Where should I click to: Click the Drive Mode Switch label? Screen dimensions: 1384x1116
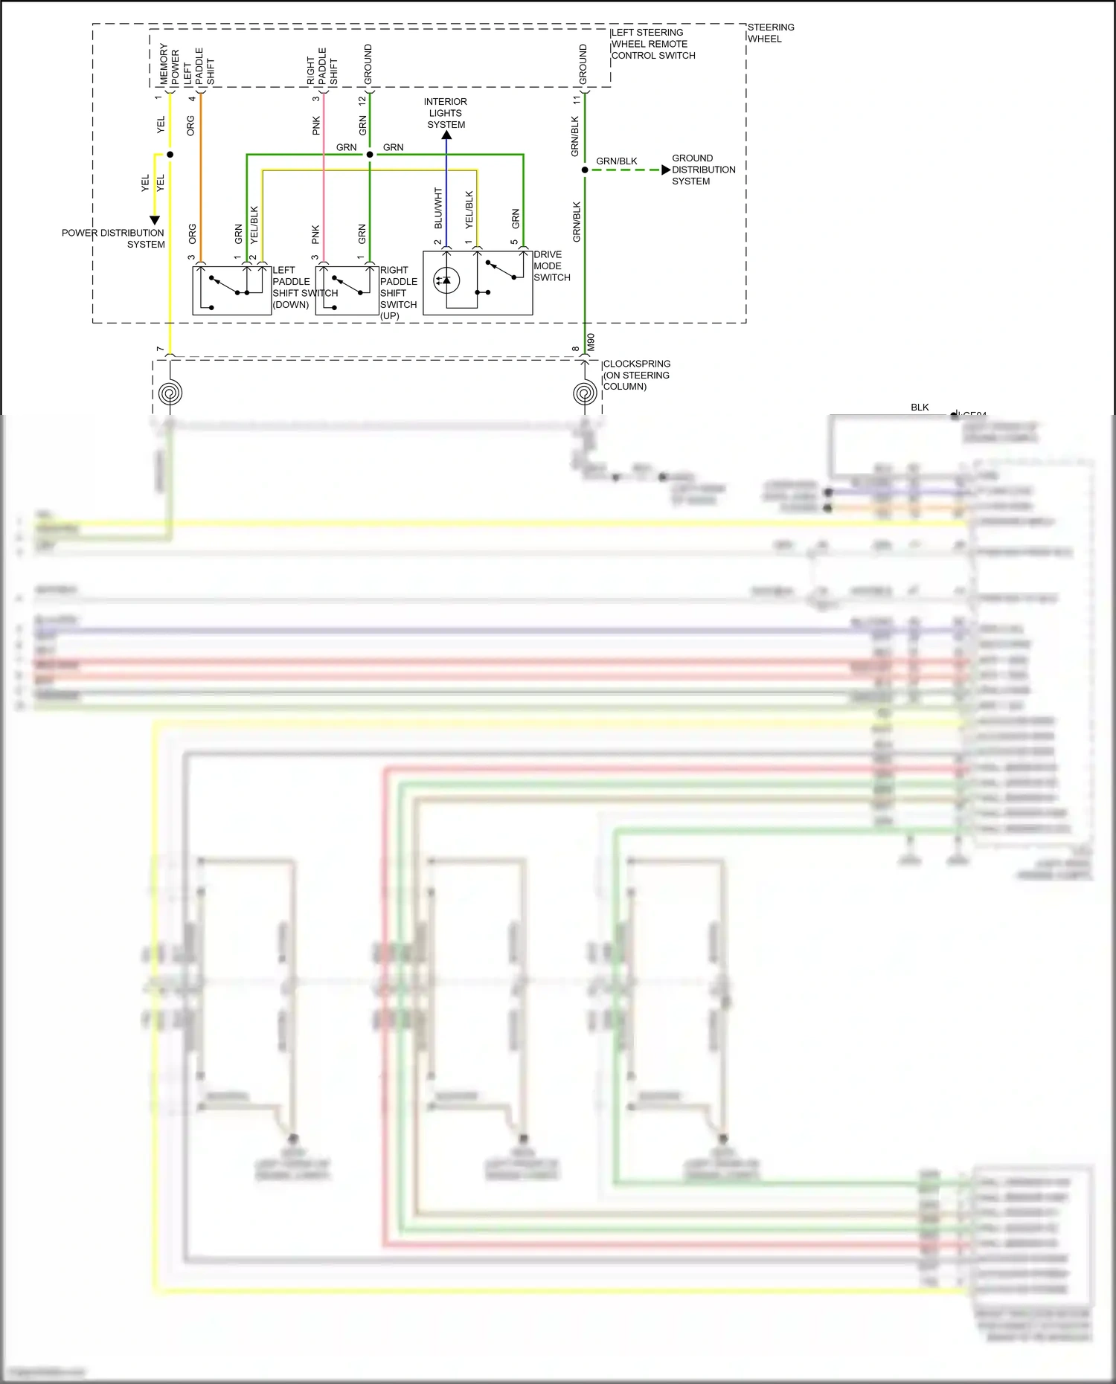coord(551,265)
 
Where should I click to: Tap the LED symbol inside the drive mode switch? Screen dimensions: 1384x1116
coord(446,280)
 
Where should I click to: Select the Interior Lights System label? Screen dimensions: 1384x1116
coord(446,113)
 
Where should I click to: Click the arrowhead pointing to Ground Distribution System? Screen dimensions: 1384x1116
coord(665,170)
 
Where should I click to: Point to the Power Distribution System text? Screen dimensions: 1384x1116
coord(113,238)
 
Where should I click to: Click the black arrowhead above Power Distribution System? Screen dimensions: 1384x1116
coord(155,220)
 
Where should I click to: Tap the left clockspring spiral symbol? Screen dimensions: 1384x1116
coord(170,393)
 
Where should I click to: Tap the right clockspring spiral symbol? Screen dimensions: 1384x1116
coord(585,393)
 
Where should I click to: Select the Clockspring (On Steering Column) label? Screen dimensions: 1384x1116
coord(636,375)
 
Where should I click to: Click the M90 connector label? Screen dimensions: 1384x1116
coord(591,342)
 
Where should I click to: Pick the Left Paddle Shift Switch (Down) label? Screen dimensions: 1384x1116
coord(304,287)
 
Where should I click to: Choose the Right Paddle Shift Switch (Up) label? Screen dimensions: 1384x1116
coord(398,292)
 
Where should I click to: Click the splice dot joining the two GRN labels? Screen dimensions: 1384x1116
coord(370,155)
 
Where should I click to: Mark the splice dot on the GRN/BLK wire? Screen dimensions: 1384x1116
coord(585,170)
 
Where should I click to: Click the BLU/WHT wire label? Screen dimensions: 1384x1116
coord(438,208)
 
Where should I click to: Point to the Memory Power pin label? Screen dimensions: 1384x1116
coord(169,65)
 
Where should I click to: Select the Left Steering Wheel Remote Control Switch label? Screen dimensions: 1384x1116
coord(652,44)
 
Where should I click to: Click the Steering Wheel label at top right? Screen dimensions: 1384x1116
coord(770,33)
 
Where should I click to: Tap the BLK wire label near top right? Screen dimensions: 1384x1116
coord(920,407)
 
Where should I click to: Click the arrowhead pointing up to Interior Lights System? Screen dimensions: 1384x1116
coord(446,135)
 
